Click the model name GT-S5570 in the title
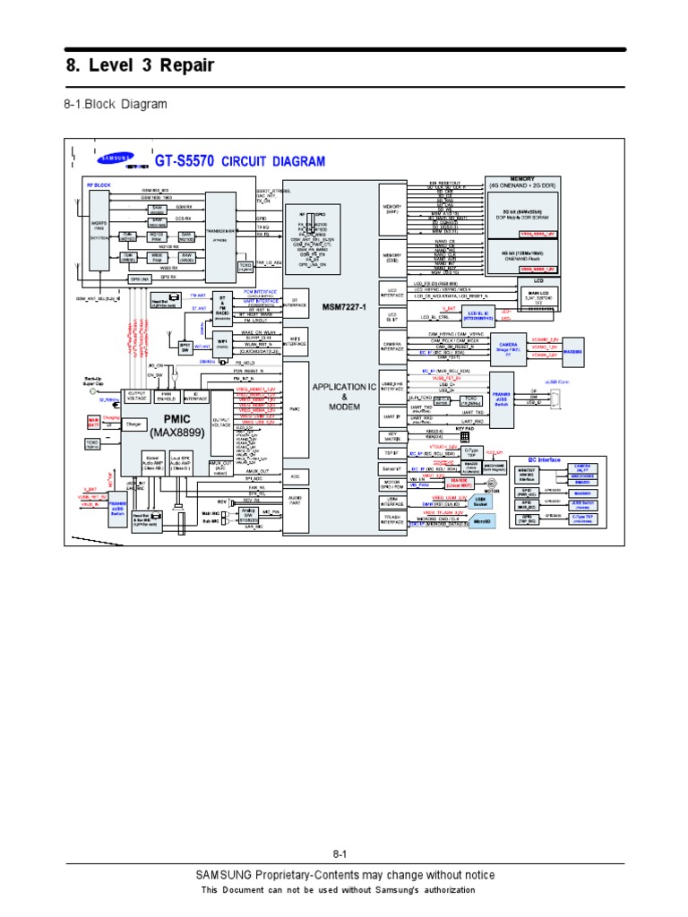[185, 162]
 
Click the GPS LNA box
[140, 279]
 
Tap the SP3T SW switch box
[185, 346]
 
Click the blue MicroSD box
[482, 520]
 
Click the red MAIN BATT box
[93, 421]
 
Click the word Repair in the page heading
[183, 64]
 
